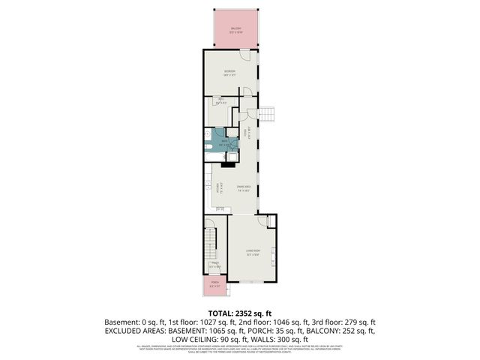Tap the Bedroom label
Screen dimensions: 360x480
coord(229,72)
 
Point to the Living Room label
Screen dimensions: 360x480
coord(253,251)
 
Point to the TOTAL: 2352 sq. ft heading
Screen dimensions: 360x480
coord(240,313)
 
